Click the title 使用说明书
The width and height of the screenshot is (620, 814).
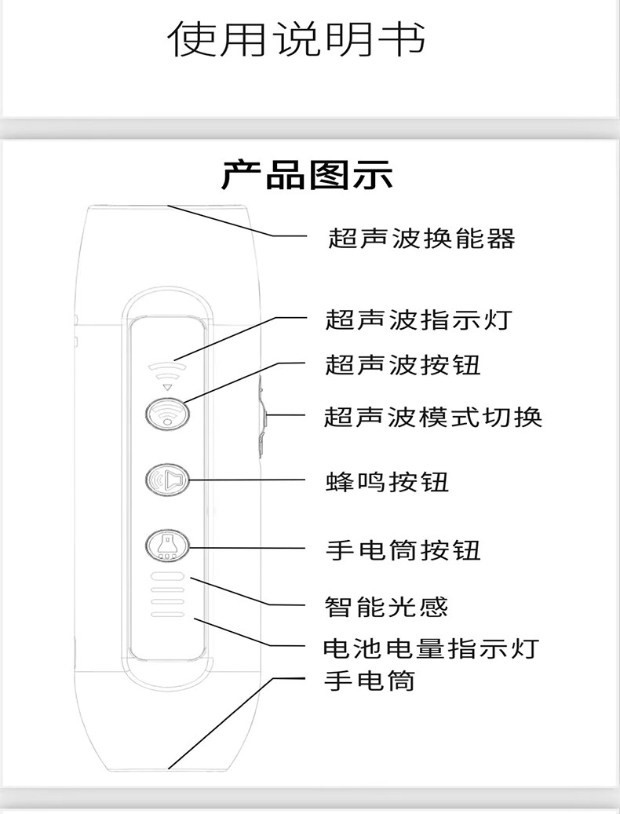(x=299, y=38)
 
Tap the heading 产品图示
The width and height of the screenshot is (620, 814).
(x=307, y=175)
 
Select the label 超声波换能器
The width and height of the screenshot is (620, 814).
(x=421, y=237)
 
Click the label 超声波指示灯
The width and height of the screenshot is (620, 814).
(x=421, y=320)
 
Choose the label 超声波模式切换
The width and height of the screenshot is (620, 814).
(x=433, y=416)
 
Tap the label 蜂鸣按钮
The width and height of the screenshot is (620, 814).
(x=388, y=480)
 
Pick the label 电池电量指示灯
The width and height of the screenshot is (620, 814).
(x=432, y=648)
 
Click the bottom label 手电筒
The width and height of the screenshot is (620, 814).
(x=370, y=680)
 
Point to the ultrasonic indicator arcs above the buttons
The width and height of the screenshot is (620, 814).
(x=166, y=368)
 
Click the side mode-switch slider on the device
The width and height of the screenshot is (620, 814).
(x=261, y=416)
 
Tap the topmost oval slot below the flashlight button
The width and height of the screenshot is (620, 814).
(x=166, y=577)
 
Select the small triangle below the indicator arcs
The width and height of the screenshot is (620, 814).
(x=166, y=388)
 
